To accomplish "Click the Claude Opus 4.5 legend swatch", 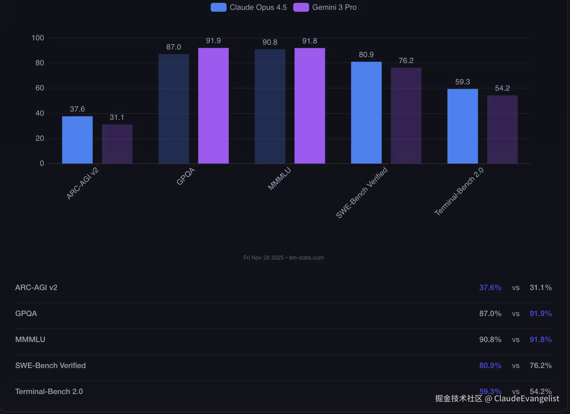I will tap(218, 7).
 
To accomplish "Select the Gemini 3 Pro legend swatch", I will tap(301, 7).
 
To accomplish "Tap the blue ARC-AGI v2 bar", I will tap(77, 140).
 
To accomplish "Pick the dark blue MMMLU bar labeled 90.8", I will tap(270, 106).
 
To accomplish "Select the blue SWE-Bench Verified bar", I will tap(366, 113).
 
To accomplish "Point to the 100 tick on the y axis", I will tap(38, 38).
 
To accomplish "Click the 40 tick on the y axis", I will tap(40, 113).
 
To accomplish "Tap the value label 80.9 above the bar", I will tap(366, 55).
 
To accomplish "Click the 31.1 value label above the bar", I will tap(117, 117).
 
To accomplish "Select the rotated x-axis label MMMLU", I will tap(279, 179).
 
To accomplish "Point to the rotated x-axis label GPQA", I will tap(186, 177).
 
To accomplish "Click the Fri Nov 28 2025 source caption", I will tap(283, 258).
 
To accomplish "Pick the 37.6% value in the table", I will tap(490, 288).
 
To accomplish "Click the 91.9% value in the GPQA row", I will tap(540, 314).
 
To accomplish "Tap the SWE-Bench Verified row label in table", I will tap(50, 365).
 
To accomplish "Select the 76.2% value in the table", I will tap(540, 365).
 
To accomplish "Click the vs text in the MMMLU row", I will tap(515, 340).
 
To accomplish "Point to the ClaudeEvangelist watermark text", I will tap(527, 398).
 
